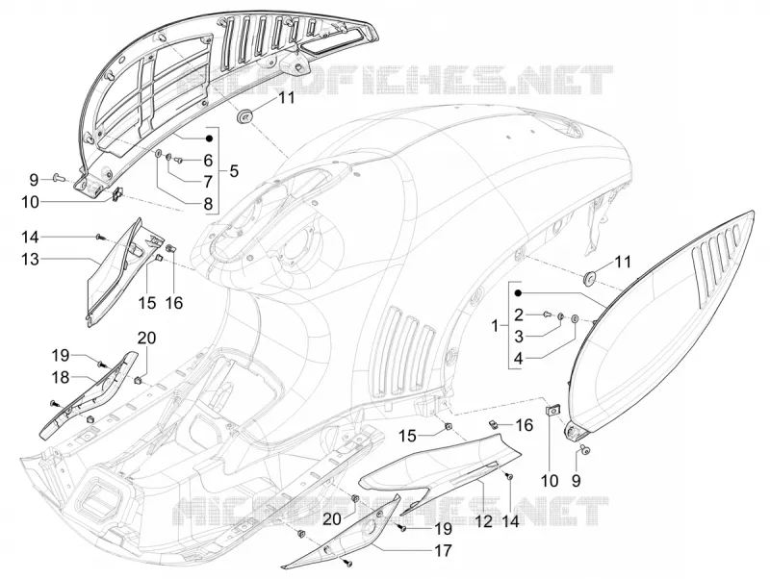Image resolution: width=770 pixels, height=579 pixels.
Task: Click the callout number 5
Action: coord(234,171)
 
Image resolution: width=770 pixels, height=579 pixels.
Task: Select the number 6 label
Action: coord(208,160)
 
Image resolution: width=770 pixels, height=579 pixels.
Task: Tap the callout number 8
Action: coord(208,204)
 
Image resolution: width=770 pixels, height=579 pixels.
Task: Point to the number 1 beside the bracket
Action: coord(495,325)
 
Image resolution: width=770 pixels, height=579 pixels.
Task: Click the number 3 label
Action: coord(519,337)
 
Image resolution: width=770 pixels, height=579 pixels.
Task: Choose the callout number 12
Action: coord(484,520)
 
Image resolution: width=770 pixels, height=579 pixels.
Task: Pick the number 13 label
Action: coord(30,259)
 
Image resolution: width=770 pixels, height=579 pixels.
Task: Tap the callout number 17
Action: coord(443,550)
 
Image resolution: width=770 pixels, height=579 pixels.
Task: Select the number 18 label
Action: coord(62,377)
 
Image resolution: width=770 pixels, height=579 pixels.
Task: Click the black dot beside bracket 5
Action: coord(209,138)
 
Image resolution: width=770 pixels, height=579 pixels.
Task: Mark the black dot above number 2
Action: coord(518,293)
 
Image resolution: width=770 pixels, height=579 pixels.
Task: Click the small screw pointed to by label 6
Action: coord(178,160)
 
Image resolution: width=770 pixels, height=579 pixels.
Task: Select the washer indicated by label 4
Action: coord(576,320)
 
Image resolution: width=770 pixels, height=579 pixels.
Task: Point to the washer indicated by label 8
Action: coord(158,154)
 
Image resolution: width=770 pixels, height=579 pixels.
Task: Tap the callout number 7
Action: coord(208,182)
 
